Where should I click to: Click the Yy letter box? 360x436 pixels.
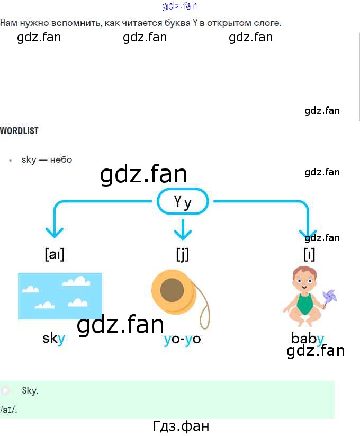183,202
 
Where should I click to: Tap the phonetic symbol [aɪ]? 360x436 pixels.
55,254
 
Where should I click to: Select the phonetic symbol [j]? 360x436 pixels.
183,254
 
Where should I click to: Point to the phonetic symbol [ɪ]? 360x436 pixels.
309,254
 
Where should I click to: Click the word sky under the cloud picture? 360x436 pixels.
53,339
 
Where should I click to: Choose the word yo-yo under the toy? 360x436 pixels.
183,339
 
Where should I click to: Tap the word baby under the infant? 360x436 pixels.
307,338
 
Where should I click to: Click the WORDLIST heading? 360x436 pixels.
20,130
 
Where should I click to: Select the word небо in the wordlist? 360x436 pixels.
61,159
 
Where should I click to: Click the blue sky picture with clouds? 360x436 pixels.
60,296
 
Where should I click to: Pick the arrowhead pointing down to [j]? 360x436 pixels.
183,233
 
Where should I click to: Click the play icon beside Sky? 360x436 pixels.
6,391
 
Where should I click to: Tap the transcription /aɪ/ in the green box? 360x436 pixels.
9,409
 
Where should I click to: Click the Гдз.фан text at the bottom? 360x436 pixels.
181,426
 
